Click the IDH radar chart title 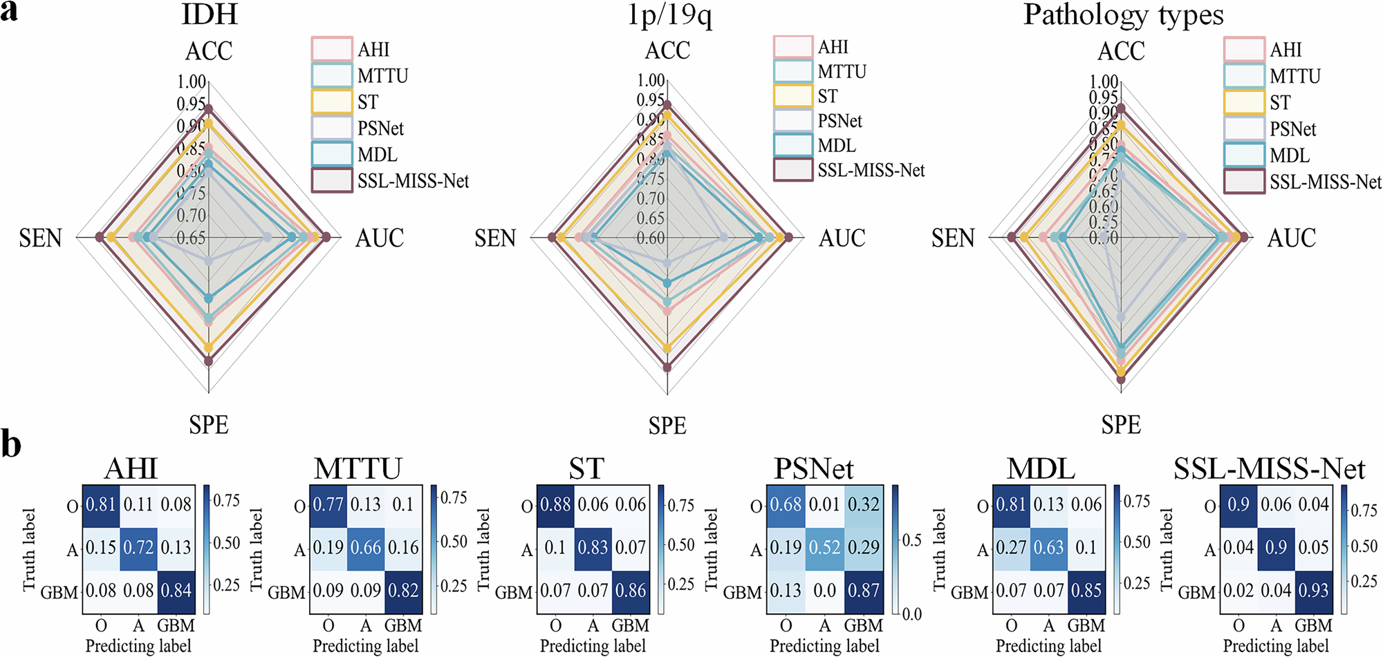pyautogui.click(x=210, y=15)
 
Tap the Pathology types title pyautogui.click(x=1123, y=15)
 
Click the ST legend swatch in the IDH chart pyautogui.click(x=332, y=102)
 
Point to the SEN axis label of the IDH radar pyautogui.click(x=40, y=238)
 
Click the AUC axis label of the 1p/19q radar pyautogui.click(x=842, y=238)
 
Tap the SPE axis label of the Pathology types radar pyautogui.click(x=1120, y=425)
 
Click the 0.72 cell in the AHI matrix pyautogui.click(x=138, y=548)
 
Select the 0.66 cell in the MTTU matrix pyautogui.click(x=366, y=548)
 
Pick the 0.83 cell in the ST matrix pyautogui.click(x=593, y=548)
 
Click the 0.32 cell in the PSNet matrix pyautogui.click(x=864, y=505)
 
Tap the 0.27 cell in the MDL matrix pyautogui.click(x=1011, y=548)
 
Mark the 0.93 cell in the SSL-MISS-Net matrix pyautogui.click(x=1313, y=591)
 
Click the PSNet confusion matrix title pyautogui.click(x=813, y=469)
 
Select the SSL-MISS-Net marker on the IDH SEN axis pyautogui.click(x=100, y=238)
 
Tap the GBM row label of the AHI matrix pyautogui.click(x=59, y=593)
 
